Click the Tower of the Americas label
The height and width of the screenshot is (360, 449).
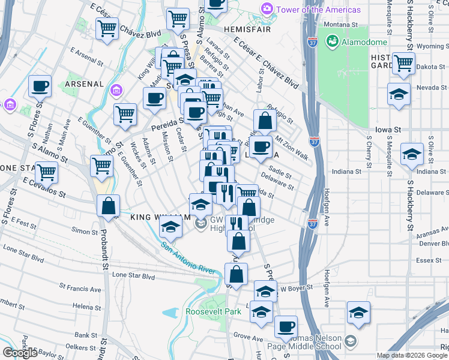318,10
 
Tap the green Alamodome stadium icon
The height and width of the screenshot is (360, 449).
330,41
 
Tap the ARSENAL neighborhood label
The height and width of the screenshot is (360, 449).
85,83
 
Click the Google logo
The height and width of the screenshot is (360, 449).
19,352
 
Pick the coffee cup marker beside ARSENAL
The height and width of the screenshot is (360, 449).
40,86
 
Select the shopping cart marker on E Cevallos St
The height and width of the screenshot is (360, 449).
46,173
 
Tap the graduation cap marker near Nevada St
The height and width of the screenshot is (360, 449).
399,95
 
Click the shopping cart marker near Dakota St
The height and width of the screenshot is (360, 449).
403,62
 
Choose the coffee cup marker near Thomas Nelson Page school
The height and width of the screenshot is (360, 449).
286,327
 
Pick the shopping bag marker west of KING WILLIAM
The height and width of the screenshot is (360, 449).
108,206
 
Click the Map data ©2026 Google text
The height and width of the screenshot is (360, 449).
411,355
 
